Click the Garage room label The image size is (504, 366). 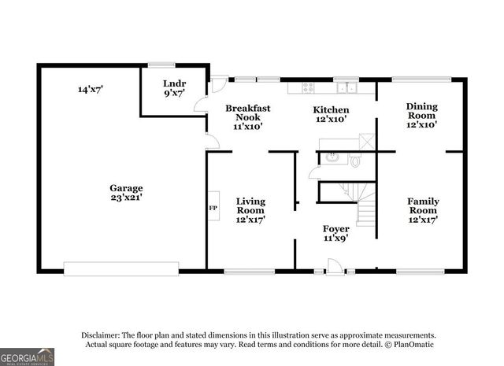point(126,188)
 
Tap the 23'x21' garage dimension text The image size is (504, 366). point(126,198)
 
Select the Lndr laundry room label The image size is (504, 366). point(174,83)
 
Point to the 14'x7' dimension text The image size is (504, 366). point(91,89)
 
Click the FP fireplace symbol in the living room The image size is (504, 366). point(212,208)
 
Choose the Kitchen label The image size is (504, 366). point(331,109)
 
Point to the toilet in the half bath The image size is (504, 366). point(355,161)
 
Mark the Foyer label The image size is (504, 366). point(336,229)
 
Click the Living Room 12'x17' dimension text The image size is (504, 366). point(250,220)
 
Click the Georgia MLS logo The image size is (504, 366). point(27,356)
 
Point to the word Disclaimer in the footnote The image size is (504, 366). point(101,335)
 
